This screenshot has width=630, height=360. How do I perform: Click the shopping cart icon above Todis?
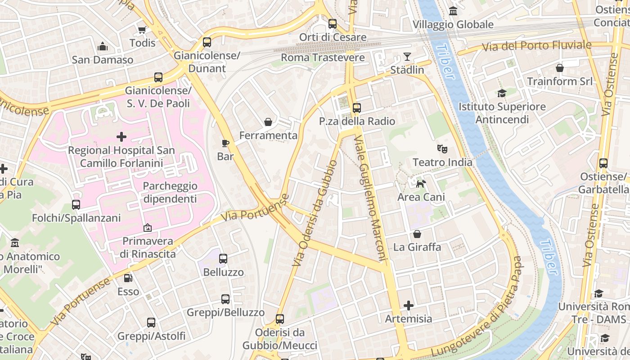point(142,30)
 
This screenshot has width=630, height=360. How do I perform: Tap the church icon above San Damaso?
point(103,46)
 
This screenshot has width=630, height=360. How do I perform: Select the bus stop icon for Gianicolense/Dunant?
point(207,42)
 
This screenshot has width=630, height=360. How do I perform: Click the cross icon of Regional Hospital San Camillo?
point(121,136)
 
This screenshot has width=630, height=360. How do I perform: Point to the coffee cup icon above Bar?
point(225,143)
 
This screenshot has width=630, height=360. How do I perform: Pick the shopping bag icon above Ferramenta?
point(268,122)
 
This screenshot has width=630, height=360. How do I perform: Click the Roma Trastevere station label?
point(323,58)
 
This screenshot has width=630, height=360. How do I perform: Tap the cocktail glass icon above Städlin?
point(407,57)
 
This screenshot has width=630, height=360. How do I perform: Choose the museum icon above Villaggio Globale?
point(453,11)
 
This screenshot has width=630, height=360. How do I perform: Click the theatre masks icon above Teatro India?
point(442,148)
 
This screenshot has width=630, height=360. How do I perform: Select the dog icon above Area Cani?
point(421,184)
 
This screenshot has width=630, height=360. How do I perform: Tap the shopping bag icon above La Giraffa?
point(417,234)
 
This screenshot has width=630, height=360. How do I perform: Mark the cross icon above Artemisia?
point(409,306)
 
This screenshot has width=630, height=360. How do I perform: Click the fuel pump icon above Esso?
point(128,278)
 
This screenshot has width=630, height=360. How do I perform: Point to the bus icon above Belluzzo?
point(223,259)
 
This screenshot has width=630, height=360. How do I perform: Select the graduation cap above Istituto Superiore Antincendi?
point(502,93)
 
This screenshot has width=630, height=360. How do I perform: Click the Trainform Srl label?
point(560,81)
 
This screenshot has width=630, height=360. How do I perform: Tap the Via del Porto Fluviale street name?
point(536,46)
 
